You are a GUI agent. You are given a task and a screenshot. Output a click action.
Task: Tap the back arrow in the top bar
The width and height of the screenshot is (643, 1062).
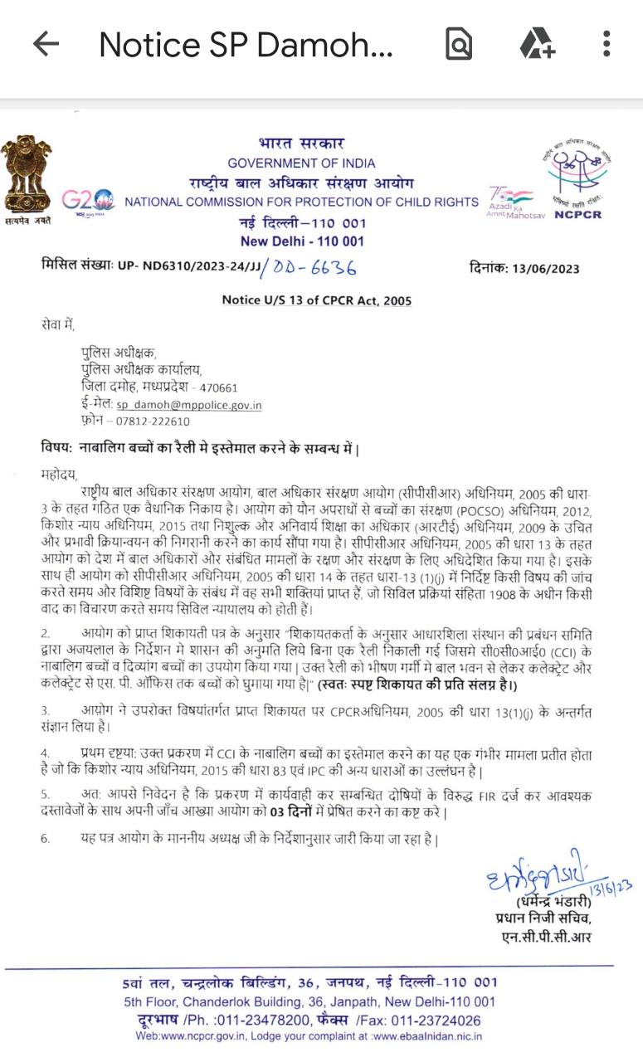pyautogui.click(x=46, y=44)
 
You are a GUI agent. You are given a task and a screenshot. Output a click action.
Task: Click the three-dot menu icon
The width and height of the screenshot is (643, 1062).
pyautogui.click(x=607, y=44)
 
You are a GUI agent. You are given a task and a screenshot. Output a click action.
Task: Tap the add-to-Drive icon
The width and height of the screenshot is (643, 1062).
pyautogui.click(x=538, y=44)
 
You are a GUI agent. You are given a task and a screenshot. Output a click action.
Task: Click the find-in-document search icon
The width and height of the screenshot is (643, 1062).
pyautogui.click(x=459, y=44)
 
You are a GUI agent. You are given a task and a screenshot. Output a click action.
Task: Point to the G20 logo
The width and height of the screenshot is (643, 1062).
pyautogui.click(x=88, y=201)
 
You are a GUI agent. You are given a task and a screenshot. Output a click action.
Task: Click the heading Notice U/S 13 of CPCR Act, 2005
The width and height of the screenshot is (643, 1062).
pyautogui.click(x=316, y=300)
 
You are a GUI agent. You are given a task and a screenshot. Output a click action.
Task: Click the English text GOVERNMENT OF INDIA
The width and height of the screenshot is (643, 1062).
pyautogui.click(x=301, y=163)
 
